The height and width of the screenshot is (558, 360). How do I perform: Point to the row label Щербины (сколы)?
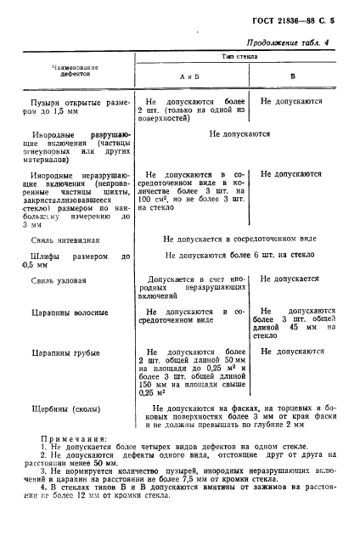(x=63, y=408)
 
